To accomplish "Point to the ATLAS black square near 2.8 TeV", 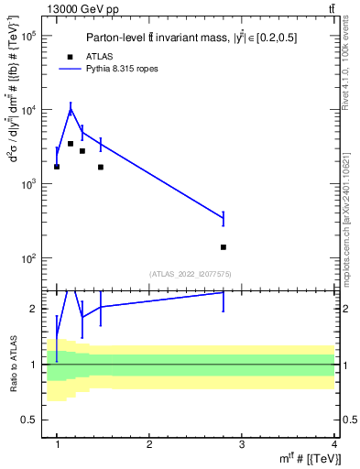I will coord(224,247).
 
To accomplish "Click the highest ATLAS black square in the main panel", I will coord(71,144).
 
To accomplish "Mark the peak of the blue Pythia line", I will coord(71,110).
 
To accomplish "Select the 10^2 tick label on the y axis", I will coord(28,258).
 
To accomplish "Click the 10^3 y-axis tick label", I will coord(28,184).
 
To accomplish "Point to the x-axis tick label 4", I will coord(334,443).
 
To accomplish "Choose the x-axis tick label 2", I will coord(149,443).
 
